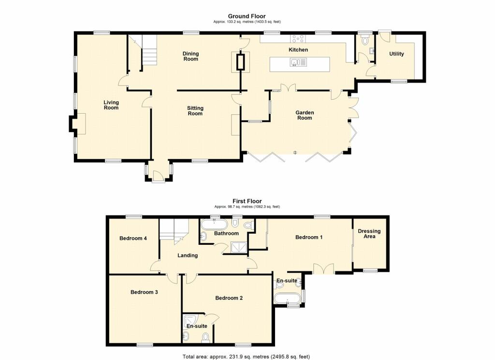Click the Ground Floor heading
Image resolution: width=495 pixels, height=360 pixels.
click(247, 16)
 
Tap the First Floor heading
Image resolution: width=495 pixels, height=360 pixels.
click(247, 201)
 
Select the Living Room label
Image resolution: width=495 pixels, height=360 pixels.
click(111, 105)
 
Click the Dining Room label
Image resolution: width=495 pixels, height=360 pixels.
click(190, 56)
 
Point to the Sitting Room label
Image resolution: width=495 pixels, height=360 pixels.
click(195, 111)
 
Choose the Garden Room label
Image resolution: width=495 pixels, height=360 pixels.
click(305, 115)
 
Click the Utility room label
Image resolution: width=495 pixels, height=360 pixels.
click(396, 54)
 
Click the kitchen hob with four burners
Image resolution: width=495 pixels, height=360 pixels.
click(297, 39)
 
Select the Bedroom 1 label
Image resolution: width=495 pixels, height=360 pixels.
click(309, 237)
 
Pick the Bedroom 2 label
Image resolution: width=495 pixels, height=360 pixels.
click(229, 298)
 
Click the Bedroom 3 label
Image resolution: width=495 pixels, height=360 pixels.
click(145, 292)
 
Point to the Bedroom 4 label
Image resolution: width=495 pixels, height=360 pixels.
click(133, 238)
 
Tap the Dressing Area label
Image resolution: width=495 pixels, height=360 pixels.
click(369, 234)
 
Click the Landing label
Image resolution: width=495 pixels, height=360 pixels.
click(187, 255)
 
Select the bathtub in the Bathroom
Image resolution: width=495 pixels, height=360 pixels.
click(213, 224)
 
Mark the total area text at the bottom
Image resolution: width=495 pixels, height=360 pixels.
click(246, 357)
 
